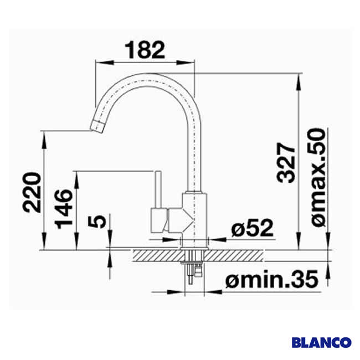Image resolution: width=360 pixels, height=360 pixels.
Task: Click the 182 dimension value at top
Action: point(146,50)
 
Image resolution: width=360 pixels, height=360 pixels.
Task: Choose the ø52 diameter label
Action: point(253,228)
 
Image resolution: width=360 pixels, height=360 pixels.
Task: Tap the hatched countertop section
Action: point(161,255)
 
